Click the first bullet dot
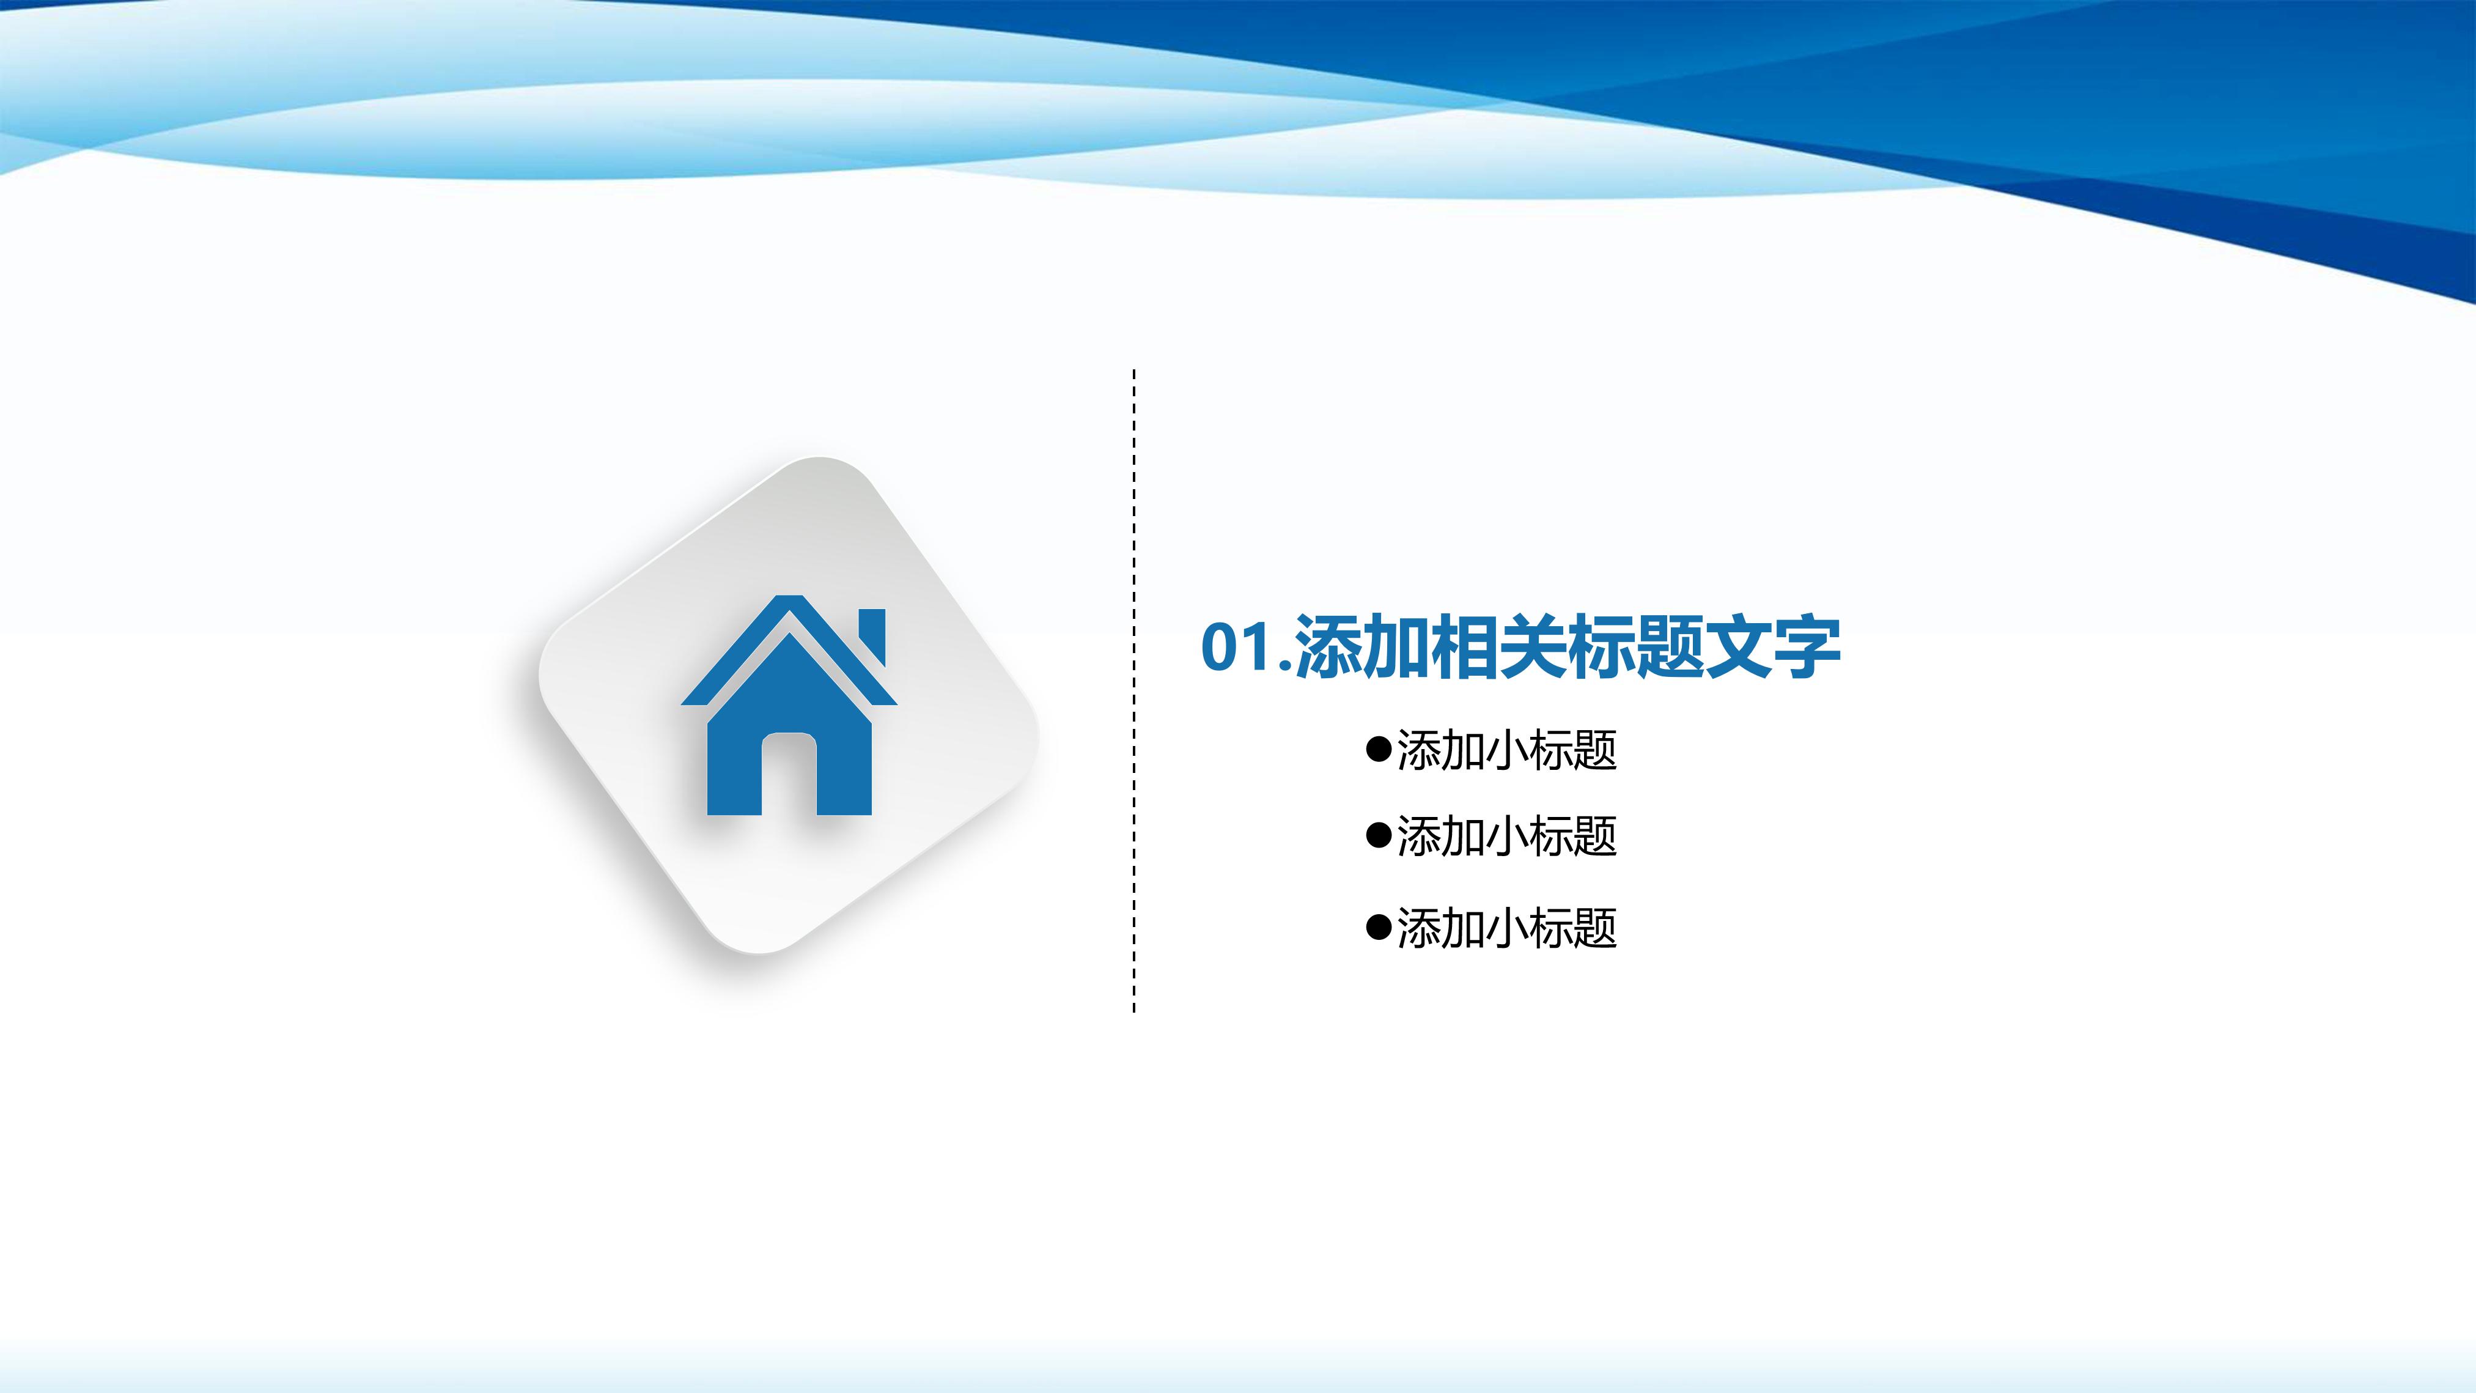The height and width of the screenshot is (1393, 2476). (x=1379, y=749)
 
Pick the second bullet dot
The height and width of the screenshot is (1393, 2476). (x=1379, y=835)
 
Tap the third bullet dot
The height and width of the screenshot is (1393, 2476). (x=1379, y=928)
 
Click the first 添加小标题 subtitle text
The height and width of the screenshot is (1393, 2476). (x=1506, y=750)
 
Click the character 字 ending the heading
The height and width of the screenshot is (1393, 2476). (x=1807, y=647)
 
